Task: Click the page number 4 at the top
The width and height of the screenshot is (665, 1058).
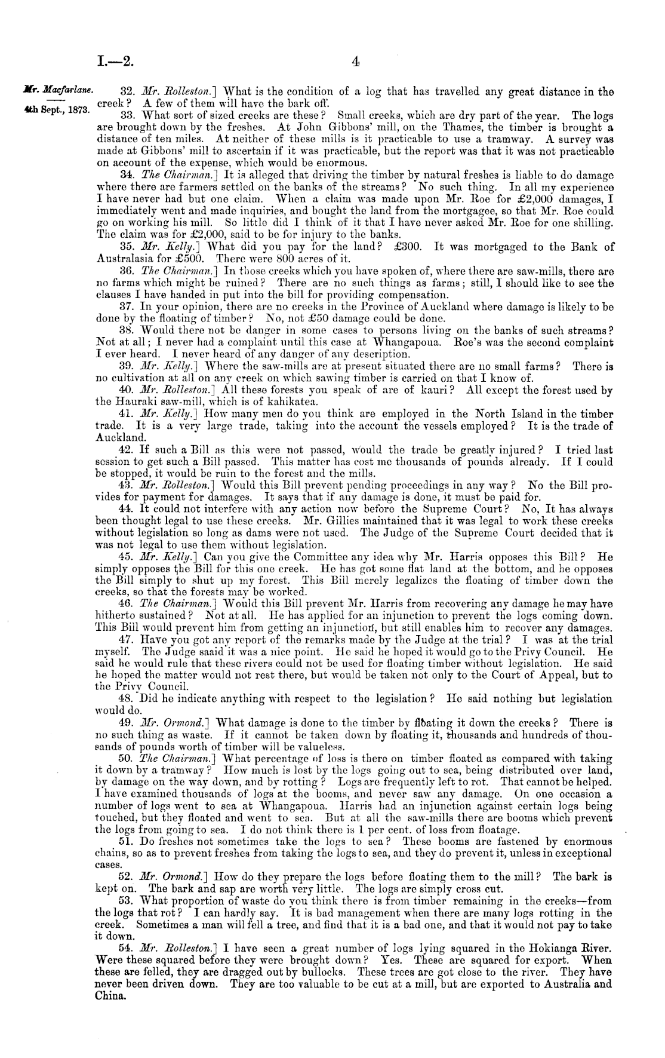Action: pyautogui.click(x=356, y=60)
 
